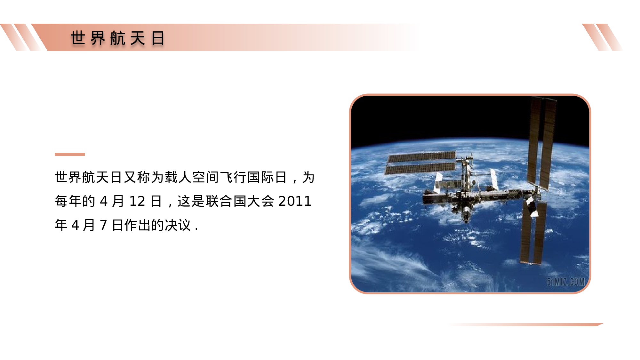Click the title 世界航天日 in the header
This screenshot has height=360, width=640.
tap(118, 38)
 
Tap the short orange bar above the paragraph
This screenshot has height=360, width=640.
tap(70, 155)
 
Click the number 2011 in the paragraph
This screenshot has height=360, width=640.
tap(295, 201)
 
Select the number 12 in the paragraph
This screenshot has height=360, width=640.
tap(137, 201)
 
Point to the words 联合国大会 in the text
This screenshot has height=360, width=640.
tap(240, 201)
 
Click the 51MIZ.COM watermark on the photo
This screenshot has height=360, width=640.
tap(565, 282)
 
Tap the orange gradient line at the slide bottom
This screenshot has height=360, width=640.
tap(528, 324)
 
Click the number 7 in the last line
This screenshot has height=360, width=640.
tap(103, 225)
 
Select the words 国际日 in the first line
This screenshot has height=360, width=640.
tap(267, 177)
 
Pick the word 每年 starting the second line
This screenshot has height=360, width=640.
tap(68, 201)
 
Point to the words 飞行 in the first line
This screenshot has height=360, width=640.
tap(233, 177)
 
